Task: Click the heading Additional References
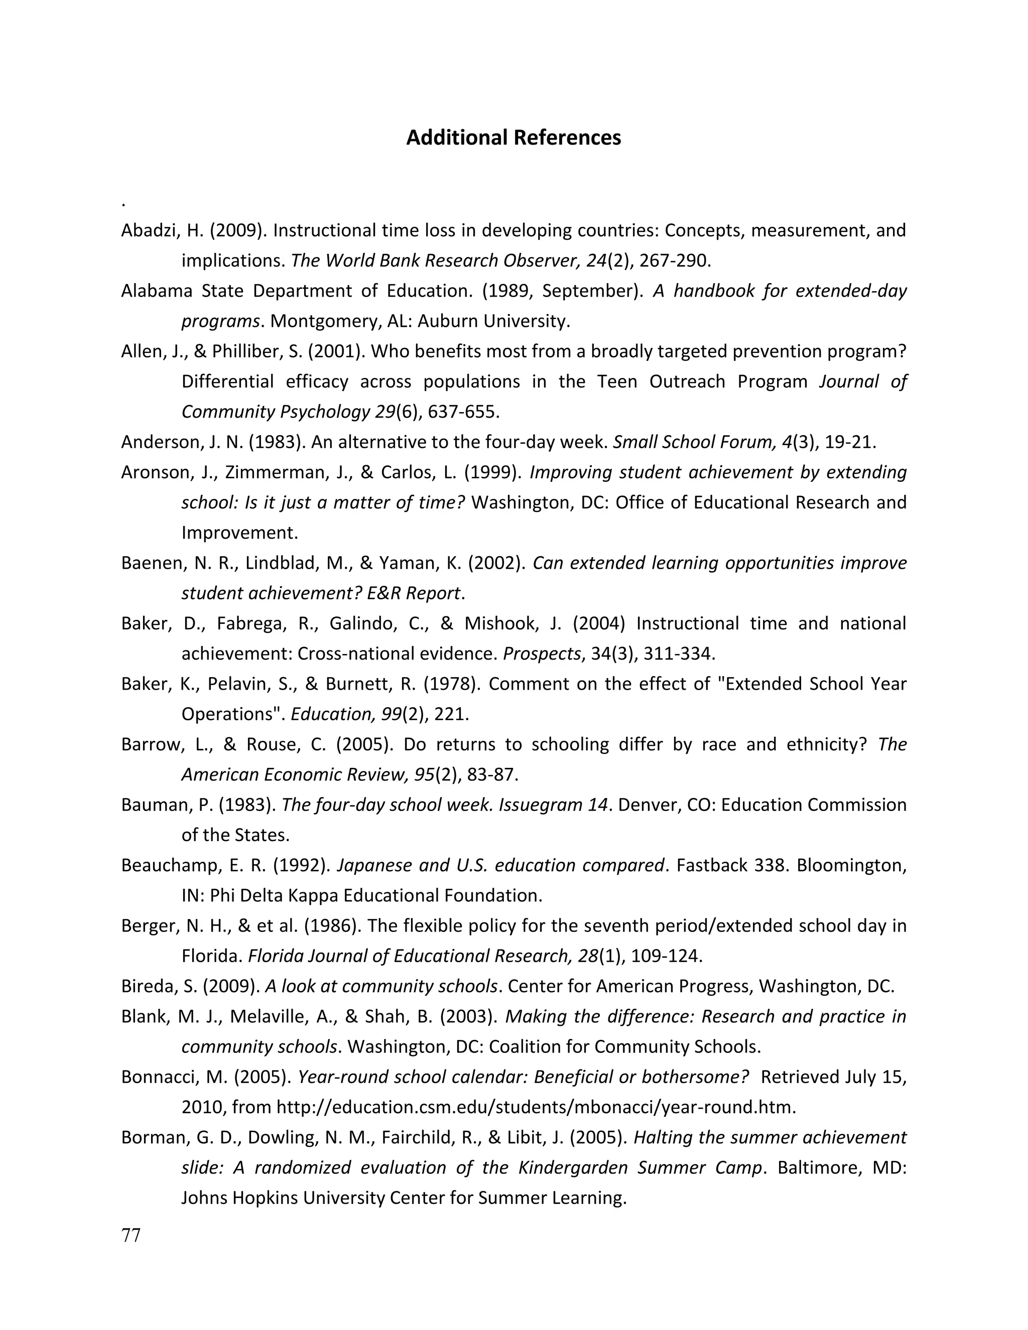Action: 513,138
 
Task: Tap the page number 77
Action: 131,1236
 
